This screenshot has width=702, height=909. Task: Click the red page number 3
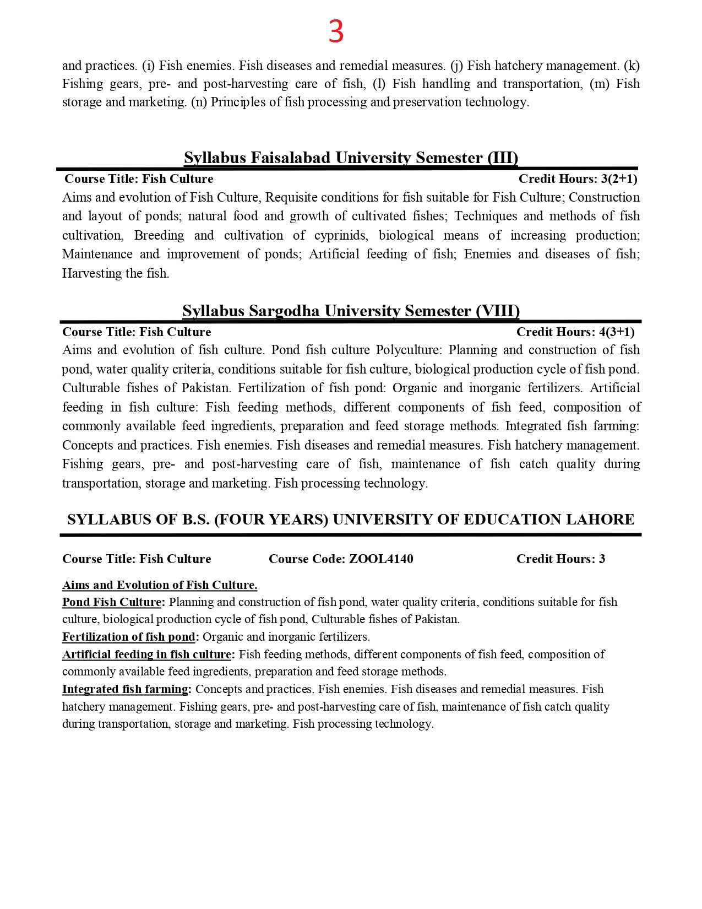pyautogui.click(x=336, y=32)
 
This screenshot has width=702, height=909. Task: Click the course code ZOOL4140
pyautogui.click(x=381, y=559)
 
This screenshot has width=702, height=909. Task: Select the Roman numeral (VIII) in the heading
pyautogui.click(x=498, y=311)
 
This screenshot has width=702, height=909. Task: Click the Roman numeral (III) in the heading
pyautogui.click(x=503, y=158)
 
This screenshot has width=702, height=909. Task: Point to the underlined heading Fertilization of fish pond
pyautogui.click(x=129, y=637)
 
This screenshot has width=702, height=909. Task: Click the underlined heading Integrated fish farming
pyautogui.click(x=125, y=689)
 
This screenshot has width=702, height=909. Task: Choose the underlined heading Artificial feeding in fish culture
pyautogui.click(x=146, y=654)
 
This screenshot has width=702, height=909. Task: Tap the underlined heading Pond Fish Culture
pyautogui.click(x=112, y=602)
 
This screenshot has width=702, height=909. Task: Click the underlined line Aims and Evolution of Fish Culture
pyautogui.click(x=160, y=585)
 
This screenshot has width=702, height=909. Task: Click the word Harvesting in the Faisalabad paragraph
pyautogui.click(x=94, y=274)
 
